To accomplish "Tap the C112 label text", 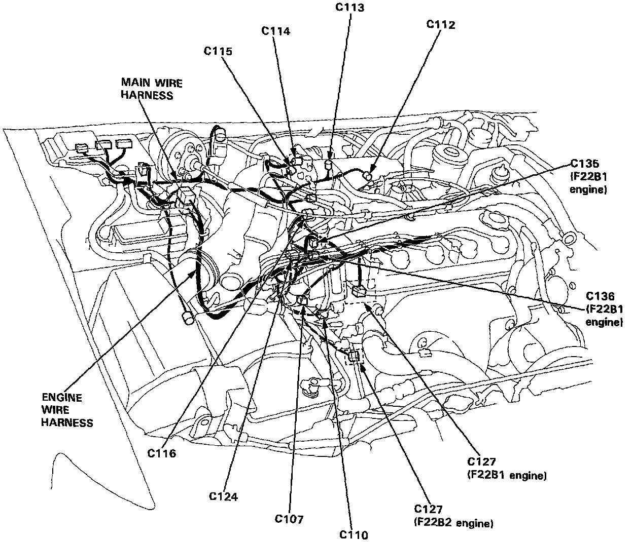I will point(440,25).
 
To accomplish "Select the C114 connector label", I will point(276,31).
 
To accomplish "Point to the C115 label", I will point(218,51).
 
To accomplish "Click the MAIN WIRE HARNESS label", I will point(151,89).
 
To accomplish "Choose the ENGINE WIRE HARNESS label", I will point(67,410).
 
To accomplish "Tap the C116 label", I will point(162,453).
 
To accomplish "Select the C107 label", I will point(289,519).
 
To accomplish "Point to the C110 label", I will point(354,534).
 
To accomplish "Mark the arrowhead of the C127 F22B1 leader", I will point(376,310).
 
